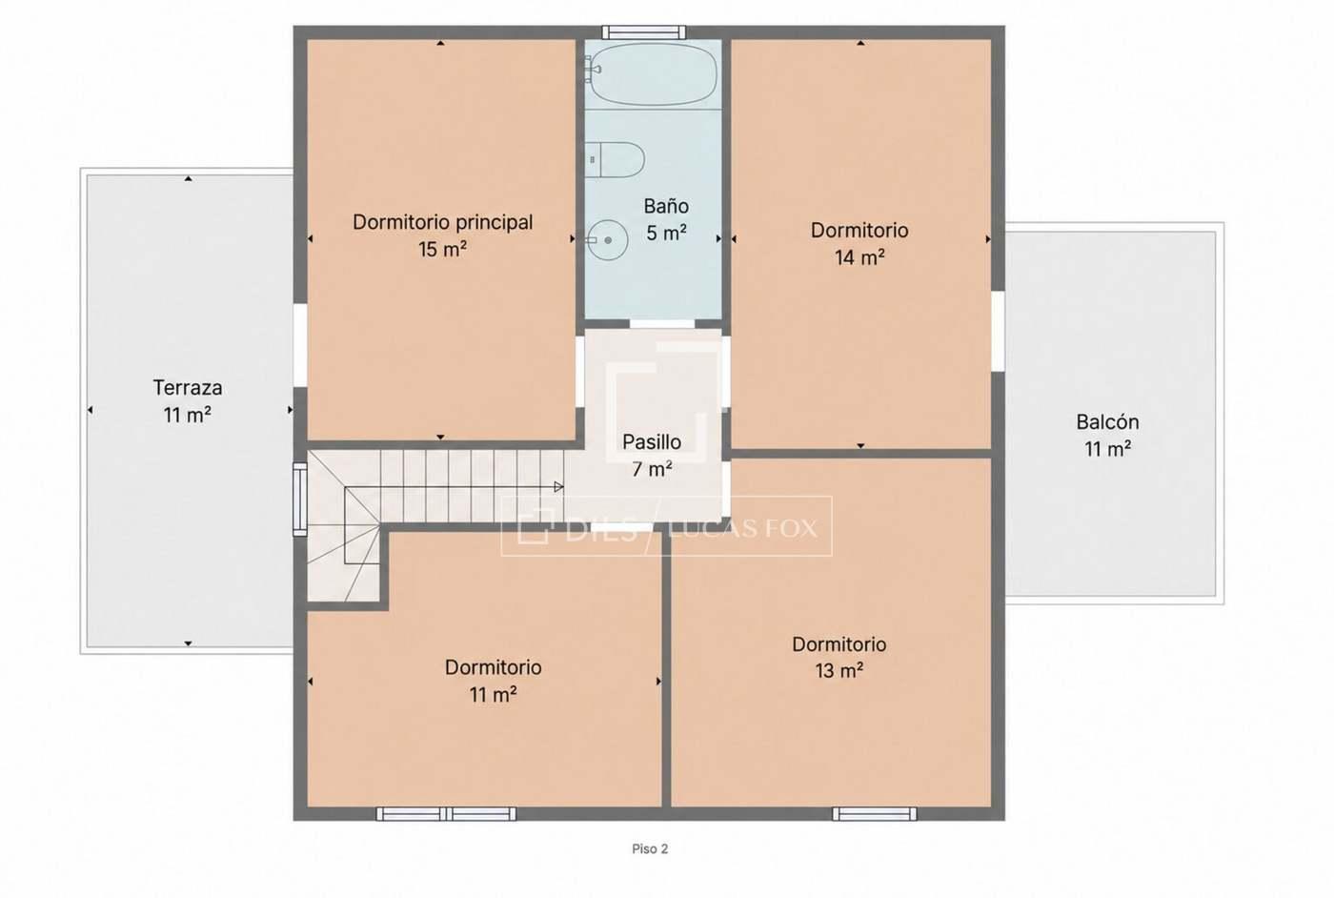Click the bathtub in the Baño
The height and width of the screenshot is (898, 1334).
653,74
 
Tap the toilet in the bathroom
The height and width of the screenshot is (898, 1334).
614,160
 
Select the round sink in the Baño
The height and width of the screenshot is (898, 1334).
607,240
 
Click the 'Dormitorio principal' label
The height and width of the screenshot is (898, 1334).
442,223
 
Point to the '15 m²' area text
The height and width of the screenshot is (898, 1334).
442,249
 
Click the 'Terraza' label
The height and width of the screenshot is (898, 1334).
188,388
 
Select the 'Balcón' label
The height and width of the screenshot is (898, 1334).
1107,422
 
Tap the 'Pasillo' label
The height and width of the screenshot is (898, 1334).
652,442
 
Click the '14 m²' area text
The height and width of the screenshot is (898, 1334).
859,257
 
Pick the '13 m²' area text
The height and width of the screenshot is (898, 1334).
839,671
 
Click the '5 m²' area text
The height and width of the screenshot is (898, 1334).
666,233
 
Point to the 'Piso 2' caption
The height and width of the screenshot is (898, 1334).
650,848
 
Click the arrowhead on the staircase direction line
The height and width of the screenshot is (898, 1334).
558,487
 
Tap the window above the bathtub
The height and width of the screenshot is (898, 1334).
644,32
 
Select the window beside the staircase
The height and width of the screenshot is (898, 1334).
300,500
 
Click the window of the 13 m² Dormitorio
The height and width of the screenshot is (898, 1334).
875,813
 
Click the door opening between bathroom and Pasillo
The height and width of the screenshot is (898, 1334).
662,323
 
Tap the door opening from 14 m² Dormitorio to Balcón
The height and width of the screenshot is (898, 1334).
999,331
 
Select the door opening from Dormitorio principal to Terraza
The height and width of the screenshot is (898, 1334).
300,346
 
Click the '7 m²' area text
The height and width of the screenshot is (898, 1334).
652,470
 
